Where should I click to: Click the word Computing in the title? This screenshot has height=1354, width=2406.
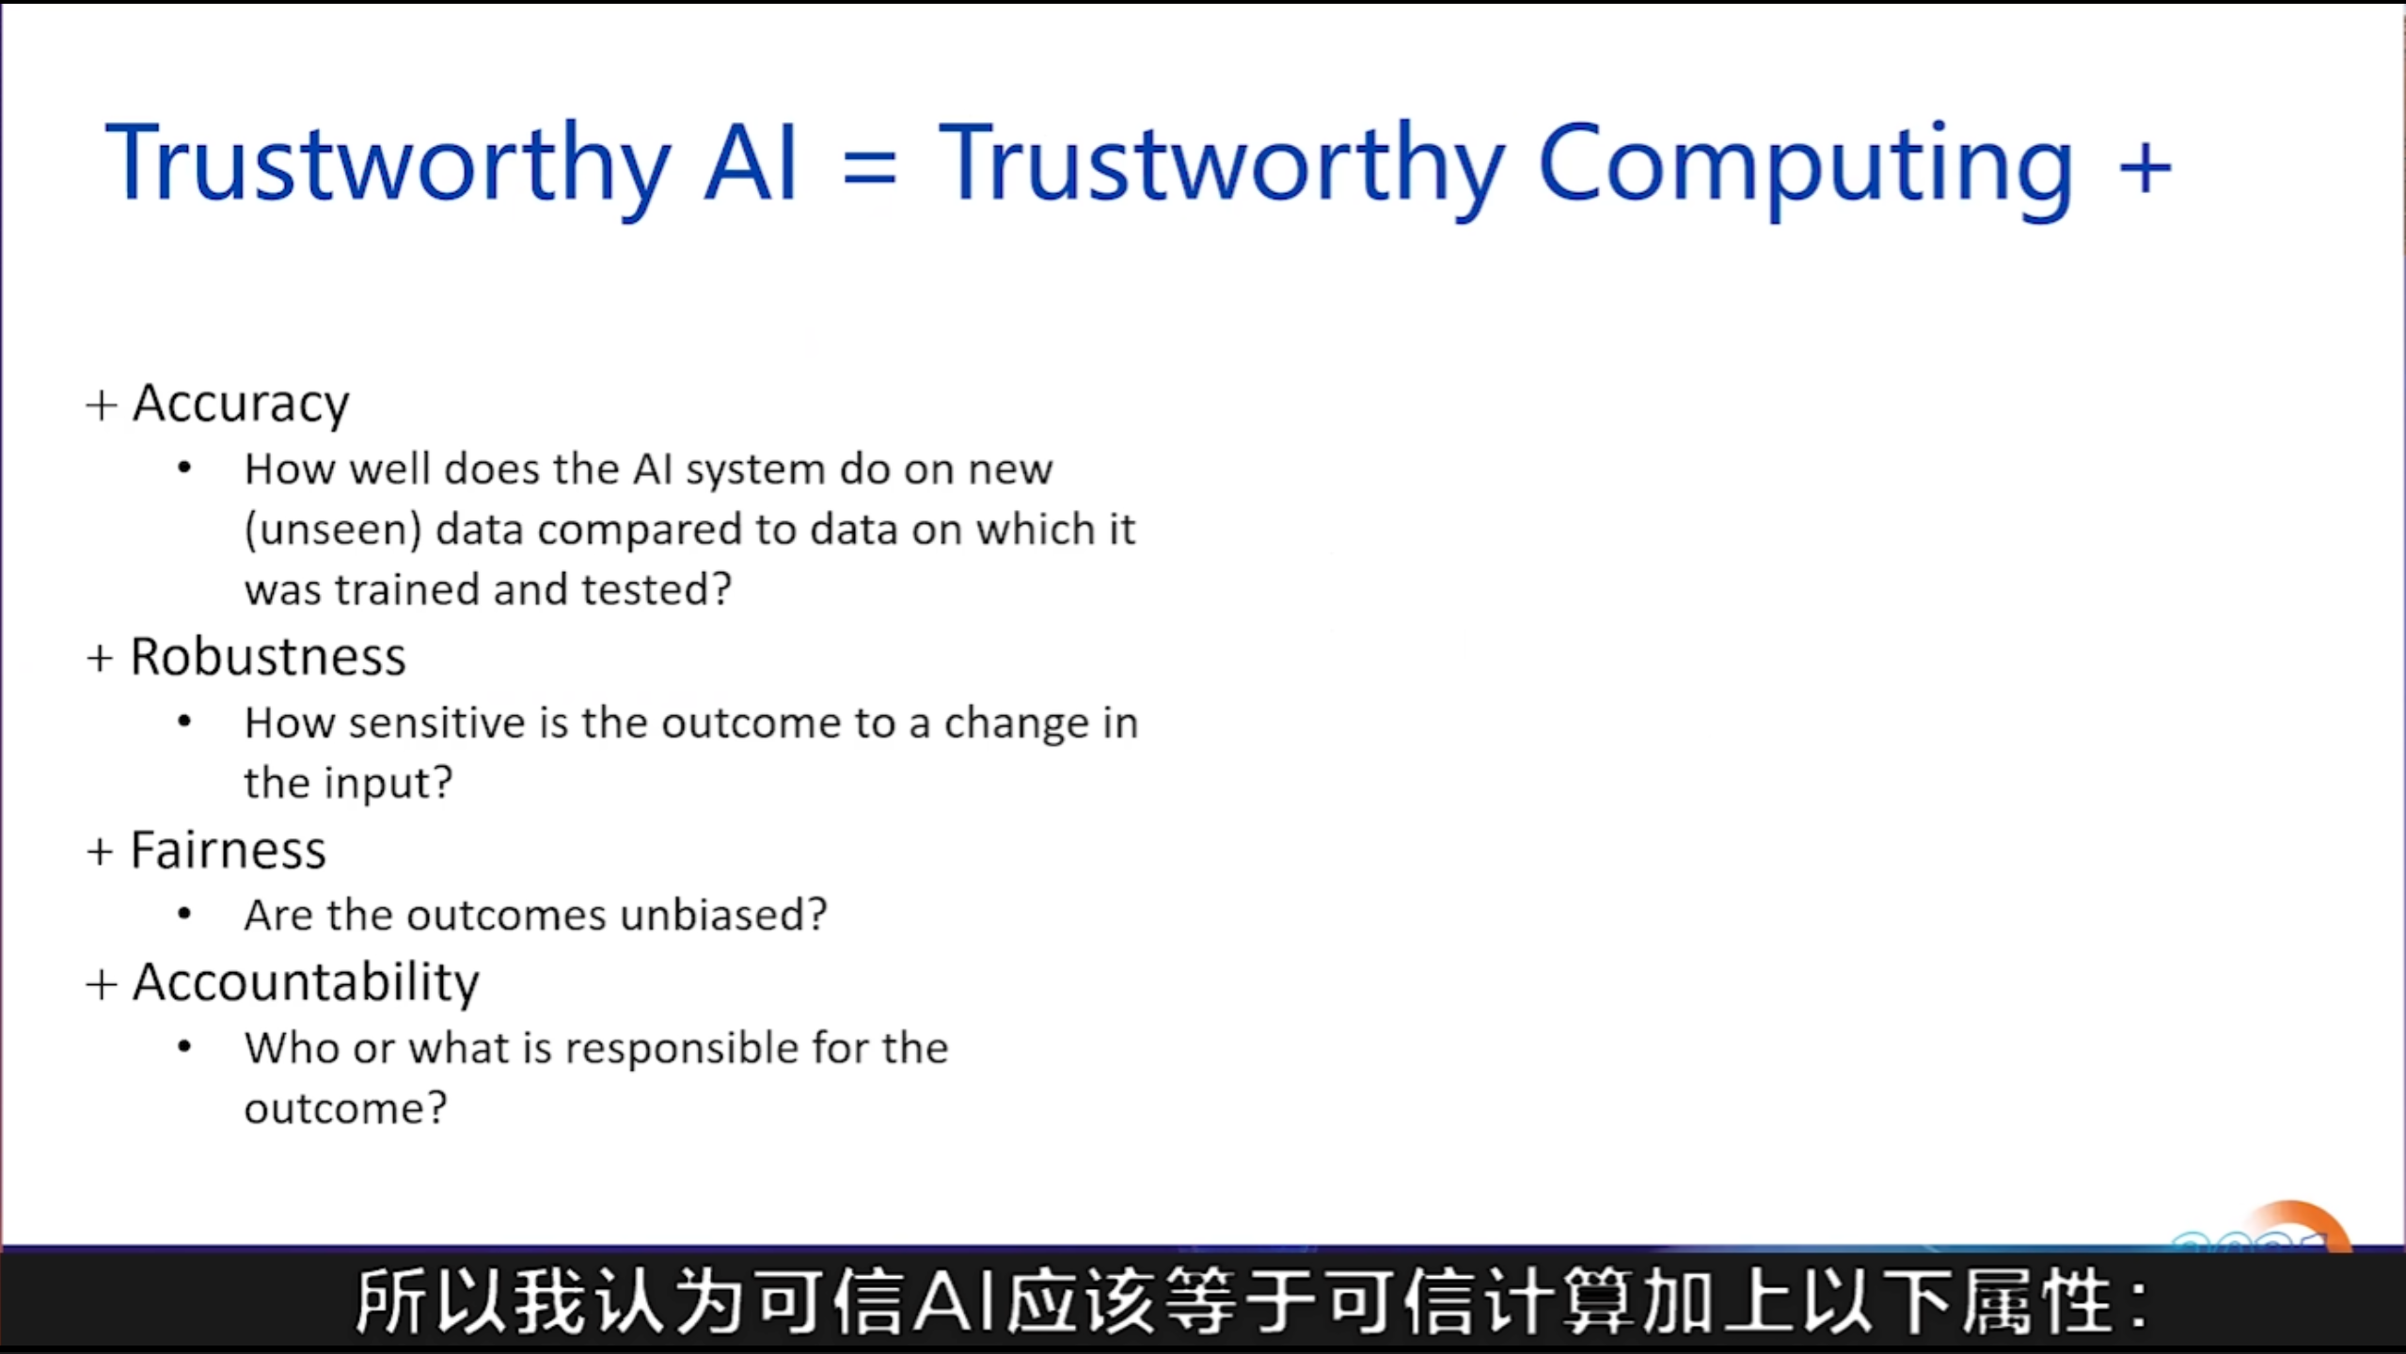pos(1806,169)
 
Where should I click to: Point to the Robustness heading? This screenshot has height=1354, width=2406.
pos(268,657)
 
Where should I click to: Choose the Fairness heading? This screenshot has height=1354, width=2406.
pos(229,851)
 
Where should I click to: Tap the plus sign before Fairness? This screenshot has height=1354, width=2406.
pos(101,852)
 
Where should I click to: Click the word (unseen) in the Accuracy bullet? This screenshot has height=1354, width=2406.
pos(333,530)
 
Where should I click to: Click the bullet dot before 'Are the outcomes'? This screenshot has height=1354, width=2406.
pos(184,915)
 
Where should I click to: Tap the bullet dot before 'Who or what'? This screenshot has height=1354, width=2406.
pos(184,1047)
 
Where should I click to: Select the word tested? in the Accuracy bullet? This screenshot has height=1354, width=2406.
pos(657,590)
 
